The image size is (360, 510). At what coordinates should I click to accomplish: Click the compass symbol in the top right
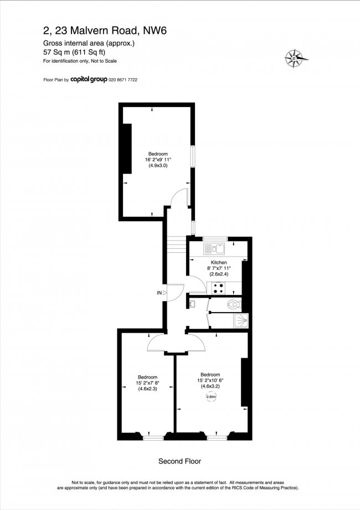point(296,57)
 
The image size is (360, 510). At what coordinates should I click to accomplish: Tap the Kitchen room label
point(219,262)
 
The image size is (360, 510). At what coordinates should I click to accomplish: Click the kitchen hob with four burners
point(217,288)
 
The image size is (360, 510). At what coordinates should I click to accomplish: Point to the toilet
point(234,304)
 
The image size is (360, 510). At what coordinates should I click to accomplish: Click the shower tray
point(241,320)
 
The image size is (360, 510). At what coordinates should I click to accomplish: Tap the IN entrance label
point(159,292)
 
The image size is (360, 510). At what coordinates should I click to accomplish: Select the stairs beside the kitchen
point(176,244)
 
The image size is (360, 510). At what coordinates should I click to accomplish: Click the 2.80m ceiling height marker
point(211,396)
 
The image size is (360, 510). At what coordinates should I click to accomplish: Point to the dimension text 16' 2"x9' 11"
point(157,161)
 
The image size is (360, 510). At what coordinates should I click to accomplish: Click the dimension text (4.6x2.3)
point(147,389)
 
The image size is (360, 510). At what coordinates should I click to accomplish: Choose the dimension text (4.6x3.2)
point(210,386)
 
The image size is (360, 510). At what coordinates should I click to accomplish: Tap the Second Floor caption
point(179,461)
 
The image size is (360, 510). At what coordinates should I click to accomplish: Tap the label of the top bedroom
point(157,154)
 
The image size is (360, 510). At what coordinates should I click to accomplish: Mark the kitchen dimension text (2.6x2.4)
point(219,274)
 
